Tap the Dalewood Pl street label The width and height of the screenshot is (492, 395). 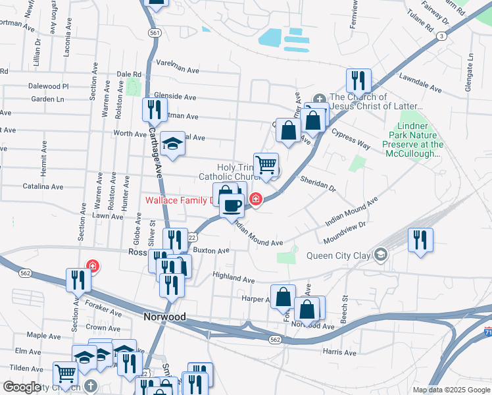48,86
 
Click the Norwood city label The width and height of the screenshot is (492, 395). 164,317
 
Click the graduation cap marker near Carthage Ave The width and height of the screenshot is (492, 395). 172,144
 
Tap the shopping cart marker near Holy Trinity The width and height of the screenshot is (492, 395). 266,165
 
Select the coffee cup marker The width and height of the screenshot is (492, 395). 232,205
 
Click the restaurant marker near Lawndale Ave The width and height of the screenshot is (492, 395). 358,80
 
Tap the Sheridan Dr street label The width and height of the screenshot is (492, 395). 317,183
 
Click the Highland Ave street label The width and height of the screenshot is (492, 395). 233,279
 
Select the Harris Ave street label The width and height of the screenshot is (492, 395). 339,353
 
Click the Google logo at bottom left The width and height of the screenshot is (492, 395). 22,387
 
